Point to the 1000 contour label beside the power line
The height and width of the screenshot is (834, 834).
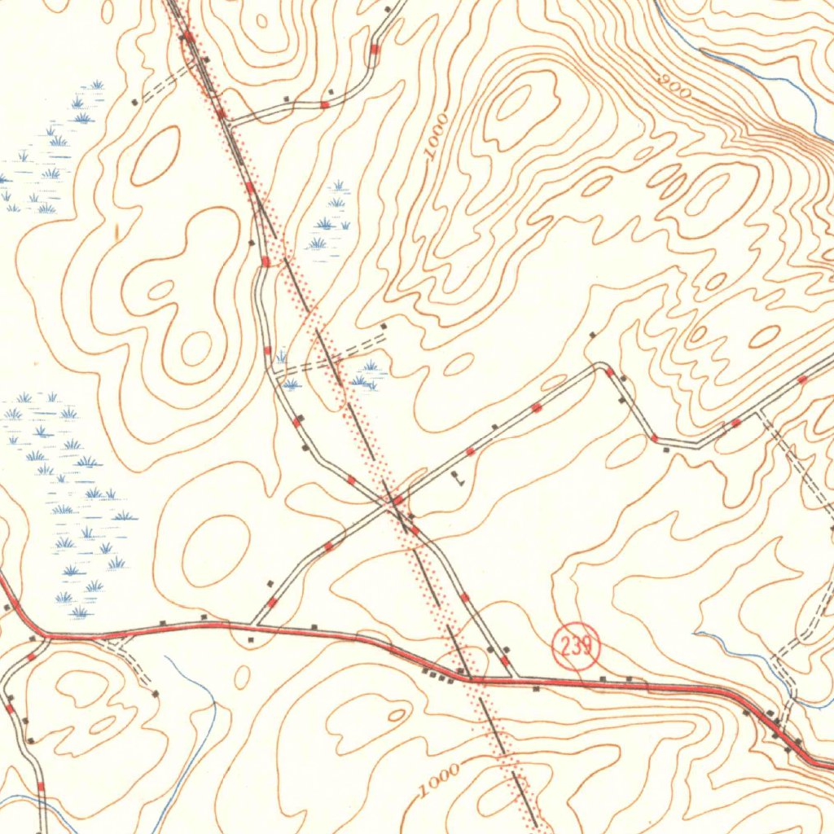[441, 779]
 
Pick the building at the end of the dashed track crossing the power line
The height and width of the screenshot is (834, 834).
[384, 326]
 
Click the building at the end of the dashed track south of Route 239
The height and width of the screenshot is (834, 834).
[156, 693]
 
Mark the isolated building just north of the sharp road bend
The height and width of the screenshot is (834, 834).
[592, 335]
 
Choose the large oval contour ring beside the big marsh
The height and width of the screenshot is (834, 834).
[215, 550]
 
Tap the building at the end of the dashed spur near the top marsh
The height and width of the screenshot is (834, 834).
[134, 102]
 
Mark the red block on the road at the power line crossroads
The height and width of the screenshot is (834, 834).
[398, 499]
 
